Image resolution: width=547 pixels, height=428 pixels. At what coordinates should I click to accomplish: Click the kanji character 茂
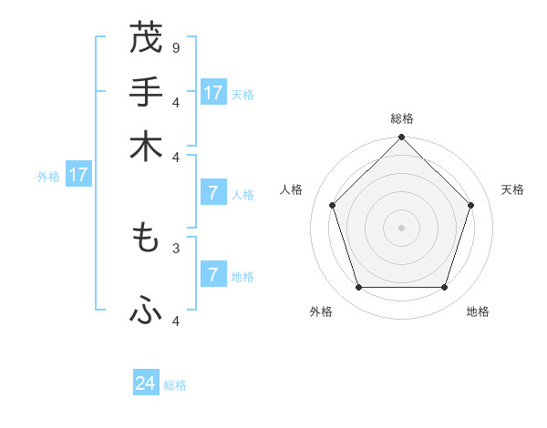coord(146,39)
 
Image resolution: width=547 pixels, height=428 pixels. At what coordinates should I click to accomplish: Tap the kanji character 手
coord(146,93)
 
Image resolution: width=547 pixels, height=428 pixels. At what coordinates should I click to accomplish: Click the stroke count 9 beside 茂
coord(176,47)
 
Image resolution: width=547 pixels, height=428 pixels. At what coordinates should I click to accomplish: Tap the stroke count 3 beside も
coord(176,247)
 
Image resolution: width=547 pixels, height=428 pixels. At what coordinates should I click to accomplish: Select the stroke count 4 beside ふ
coord(176,321)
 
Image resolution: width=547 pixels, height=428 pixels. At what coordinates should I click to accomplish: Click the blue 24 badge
coord(146,383)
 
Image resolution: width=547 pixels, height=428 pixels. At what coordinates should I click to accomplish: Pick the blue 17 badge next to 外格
coord(78,175)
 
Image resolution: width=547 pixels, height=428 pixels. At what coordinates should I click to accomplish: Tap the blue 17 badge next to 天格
coord(213,93)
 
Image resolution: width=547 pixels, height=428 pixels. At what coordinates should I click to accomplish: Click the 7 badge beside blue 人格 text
coord(213,193)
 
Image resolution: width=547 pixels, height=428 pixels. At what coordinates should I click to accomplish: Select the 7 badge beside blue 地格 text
coord(213,275)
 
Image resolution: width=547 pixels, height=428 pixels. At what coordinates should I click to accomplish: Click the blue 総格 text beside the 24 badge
coord(175,385)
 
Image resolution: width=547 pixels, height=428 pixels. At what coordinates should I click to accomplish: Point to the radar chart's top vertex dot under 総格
coord(401,138)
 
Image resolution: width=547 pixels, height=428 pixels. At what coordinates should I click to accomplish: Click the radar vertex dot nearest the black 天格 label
coord(471,205)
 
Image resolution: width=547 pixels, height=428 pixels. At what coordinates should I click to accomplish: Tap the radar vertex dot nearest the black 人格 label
coord(332,205)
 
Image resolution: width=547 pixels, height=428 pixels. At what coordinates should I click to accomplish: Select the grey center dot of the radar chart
coord(401,227)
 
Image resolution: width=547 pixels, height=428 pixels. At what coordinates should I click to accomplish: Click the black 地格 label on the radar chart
coord(478,311)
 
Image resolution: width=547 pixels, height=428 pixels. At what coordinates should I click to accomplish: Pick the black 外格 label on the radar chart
coord(321,311)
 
